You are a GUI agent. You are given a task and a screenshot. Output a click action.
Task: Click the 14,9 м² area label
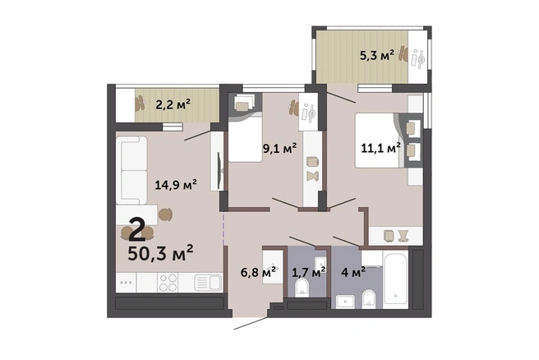pos(176,185)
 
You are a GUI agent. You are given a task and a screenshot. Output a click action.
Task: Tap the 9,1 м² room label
pos(279,148)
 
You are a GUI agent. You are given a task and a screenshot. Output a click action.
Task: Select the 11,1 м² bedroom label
pos(380,148)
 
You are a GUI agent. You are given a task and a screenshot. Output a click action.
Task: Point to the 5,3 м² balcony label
pos(377,55)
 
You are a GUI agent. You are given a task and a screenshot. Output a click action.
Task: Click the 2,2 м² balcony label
pos(173,104)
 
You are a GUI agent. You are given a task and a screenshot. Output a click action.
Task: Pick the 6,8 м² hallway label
pos(258,272)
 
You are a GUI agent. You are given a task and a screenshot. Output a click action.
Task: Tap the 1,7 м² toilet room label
pos(309,273)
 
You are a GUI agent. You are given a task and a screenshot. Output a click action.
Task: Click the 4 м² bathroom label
pos(353,273)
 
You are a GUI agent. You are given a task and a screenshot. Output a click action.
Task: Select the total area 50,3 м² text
pos(160,254)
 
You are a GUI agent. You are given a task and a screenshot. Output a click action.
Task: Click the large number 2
pos(137,231)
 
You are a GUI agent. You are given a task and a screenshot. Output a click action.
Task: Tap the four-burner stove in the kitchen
pos(168,283)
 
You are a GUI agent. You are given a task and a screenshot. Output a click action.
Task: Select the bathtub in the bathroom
pos(396,279)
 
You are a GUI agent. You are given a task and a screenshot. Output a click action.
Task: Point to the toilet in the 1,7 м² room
pos(302,288)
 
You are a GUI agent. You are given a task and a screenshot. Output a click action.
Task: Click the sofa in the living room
pos(131,170)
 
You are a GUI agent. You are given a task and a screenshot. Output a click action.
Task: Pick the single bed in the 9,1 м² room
pos(246,139)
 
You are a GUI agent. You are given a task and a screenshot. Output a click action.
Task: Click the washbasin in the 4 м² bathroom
pos(345,302)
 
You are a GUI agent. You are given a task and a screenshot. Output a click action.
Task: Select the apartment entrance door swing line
pos(251,324)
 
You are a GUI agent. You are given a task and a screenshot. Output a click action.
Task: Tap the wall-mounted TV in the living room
pos(220,169)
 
